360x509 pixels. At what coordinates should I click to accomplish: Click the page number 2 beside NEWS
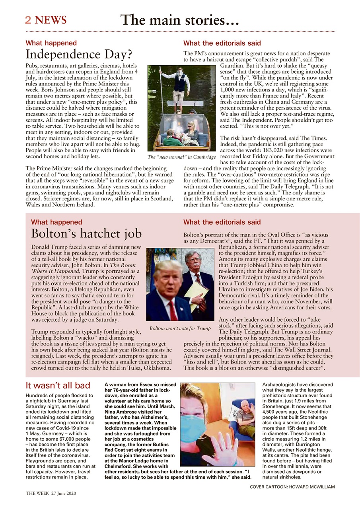pos(28,20)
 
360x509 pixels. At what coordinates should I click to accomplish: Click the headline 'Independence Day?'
pos(79,54)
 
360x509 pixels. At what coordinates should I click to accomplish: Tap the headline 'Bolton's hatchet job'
pos(84,233)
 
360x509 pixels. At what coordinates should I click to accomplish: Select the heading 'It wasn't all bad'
pos(58,385)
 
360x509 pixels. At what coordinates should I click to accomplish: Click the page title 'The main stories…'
pos(179,19)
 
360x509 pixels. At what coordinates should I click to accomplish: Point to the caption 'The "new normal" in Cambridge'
pos(181,157)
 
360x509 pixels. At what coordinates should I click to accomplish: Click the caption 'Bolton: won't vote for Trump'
pos(180,328)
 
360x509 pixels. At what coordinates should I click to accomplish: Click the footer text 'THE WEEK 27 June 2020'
pos(51,493)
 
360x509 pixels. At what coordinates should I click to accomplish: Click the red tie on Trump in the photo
pos(172,311)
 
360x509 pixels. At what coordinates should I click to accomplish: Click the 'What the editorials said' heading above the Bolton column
pos(222,222)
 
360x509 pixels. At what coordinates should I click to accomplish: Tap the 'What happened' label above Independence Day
pos(51,43)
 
